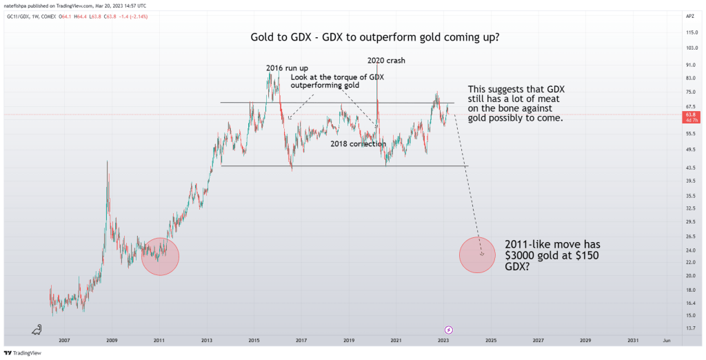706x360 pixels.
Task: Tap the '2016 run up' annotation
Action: point(287,68)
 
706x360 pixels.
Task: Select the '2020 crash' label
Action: point(386,61)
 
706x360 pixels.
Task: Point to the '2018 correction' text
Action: point(358,144)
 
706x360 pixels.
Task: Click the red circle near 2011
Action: point(160,257)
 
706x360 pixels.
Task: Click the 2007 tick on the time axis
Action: point(64,340)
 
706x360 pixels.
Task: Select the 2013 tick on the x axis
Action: point(206,340)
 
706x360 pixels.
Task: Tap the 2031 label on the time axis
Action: point(632,340)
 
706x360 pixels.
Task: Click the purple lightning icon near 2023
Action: point(449,330)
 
